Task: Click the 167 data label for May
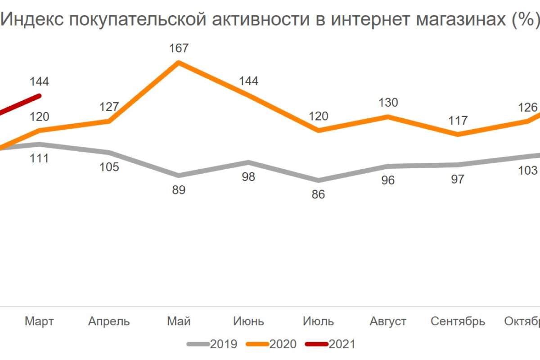tap(179, 48)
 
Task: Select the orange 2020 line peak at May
tap(179, 62)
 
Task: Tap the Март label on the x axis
tap(39, 321)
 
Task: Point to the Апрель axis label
tap(109, 321)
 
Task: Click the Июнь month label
tap(249, 321)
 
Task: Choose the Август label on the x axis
tap(388, 321)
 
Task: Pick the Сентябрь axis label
tap(458, 321)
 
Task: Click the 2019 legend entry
tap(212, 344)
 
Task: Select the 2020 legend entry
tap(272, 344)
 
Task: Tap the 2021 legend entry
tap(331, 344)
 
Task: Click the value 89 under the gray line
tap(179, 190)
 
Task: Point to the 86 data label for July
tap(319, 195)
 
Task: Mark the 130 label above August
tap(388, 103)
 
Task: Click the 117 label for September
tap(458, 121)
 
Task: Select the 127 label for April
tap(109, 107)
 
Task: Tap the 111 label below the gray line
tap(39, 158)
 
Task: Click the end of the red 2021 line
tap(39, 95)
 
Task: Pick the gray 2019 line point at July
tap(319, 180)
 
